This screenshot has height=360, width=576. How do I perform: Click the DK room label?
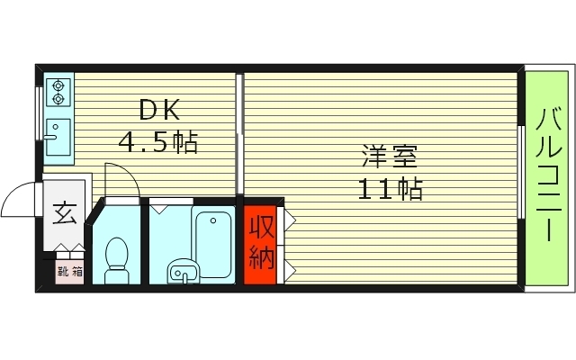point(160,112)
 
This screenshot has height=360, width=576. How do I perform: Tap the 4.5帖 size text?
point(159,141)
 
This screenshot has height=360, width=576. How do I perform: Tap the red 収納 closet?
point(261,243)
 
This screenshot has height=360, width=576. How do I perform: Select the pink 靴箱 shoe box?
point(67,269)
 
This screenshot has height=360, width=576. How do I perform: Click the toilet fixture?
point(116,257)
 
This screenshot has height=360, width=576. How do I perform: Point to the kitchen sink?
point(58,135)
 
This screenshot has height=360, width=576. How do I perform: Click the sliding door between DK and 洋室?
point(240,135)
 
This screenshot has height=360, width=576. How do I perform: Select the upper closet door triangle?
point(290,219)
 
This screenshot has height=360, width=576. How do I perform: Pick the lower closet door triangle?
point(290,266)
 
